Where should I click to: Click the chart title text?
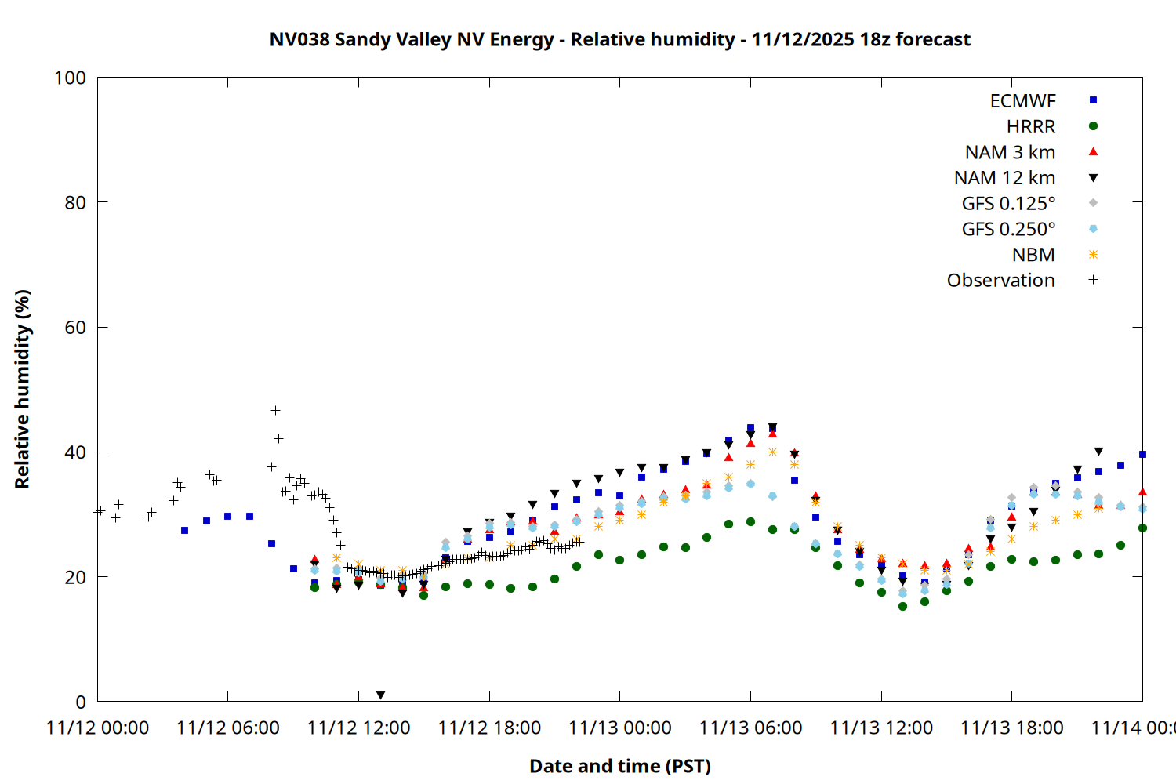click(x=619, y=39)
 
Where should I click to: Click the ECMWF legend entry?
click(x=1022, y=101)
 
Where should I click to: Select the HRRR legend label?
click(x=1030, y=127)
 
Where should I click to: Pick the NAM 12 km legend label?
click(x=1004, y=178)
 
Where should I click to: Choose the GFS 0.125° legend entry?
click(x=1008, y=204)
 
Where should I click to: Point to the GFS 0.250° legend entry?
click(x=1008, y=229)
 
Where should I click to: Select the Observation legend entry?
click(x=1000, y=281)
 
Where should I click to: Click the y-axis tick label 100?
click(x=70, y=78)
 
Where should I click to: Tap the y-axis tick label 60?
click(x=75, y=328)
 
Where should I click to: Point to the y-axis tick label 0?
click(x=81, y=702)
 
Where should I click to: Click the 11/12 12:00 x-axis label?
click(x=358, y=728)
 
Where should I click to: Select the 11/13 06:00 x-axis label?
click(x=750, y=728)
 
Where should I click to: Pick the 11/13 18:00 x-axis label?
click(x=1011, y=728)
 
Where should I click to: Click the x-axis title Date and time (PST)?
click(x=619, y=766)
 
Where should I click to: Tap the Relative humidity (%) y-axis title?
click(x=22, y=389)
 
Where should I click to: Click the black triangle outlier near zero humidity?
click(x=380, y=695)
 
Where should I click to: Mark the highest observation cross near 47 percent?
click(x=275, y=410)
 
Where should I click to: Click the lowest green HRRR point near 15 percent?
click(x=902, y=606)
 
